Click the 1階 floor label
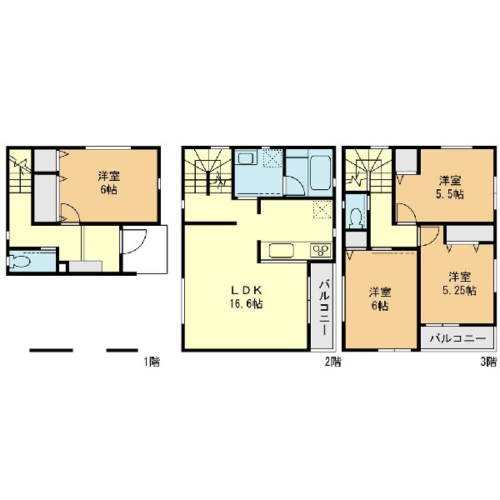152,362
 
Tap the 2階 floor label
332,362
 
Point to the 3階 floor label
488,362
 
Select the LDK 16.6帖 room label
246,297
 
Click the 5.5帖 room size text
450,194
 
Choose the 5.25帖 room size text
459,291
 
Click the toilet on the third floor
356,218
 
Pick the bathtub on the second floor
321,172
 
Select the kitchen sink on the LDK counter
282,250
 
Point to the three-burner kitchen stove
321,250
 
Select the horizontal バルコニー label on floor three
457,338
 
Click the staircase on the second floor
208,171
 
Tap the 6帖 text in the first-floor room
108,189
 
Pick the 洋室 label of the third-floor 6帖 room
380,292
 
